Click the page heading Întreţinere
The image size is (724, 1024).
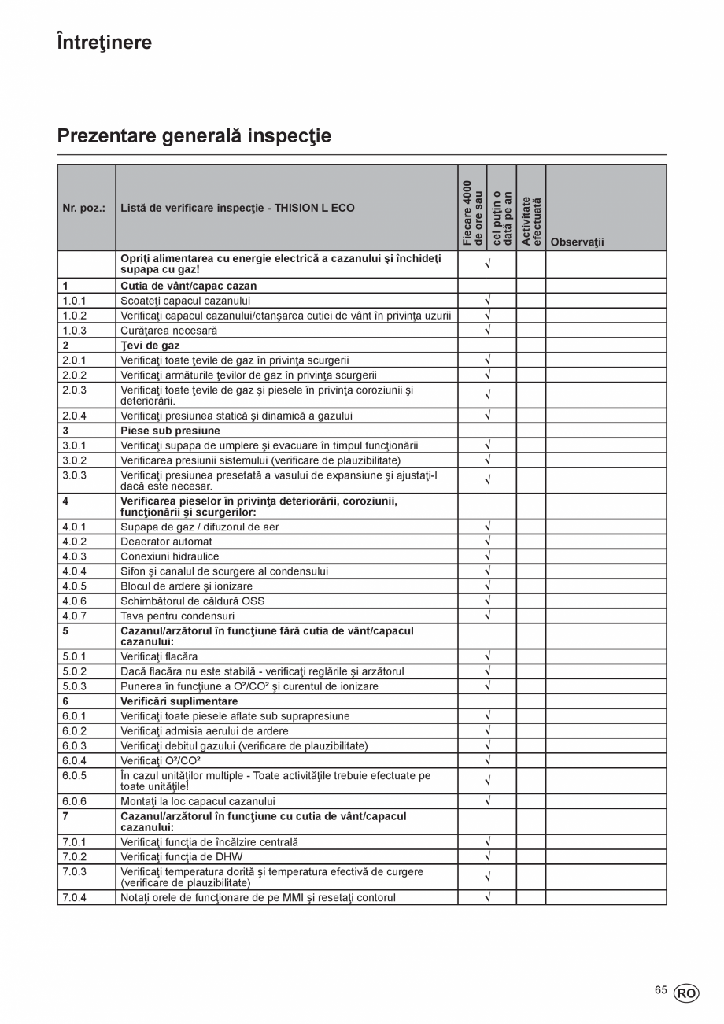coord(105,43)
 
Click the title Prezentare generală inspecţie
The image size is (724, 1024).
coord(194,136)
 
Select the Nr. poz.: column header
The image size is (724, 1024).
coord(84,209)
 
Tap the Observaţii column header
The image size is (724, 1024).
coord(578,242)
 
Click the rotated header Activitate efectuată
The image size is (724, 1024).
coord(531,220)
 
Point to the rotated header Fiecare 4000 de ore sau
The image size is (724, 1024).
coord(472,213)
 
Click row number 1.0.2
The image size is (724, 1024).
coord(75,316)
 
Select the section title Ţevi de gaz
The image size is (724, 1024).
coord(150,346)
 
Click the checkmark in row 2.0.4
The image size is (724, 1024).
coord(487,416)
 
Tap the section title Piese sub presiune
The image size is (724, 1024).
coord(170,431)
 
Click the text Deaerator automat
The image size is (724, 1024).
coord(166,542)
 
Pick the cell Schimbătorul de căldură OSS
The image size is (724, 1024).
coord(192,601)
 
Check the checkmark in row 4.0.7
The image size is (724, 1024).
coord(487,616)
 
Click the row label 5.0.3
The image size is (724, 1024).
coord(75,686)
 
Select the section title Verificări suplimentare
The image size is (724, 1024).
coord(179,701)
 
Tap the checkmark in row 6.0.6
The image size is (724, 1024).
coord(487,801)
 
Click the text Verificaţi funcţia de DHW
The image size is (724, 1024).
coord(181,857)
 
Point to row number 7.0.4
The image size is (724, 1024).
coord(75,897)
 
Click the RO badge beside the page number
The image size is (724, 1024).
coord(686,993)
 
